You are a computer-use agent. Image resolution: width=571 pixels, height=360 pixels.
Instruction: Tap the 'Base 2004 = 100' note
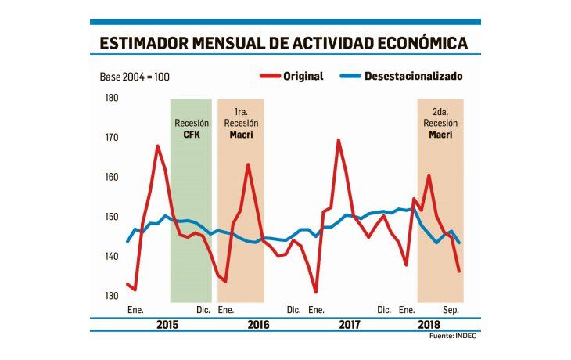click(134, 77)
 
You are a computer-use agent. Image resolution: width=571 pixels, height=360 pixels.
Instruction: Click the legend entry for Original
click(290, 77)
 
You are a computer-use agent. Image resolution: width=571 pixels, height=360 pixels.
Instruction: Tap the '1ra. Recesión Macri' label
click(241, 123)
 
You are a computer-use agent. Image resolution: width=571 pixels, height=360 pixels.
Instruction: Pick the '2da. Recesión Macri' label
click(440, 123)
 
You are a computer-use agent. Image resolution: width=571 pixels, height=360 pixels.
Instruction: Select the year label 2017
click(350, 323)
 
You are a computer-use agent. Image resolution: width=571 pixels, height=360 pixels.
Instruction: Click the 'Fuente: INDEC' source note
click(454, 336)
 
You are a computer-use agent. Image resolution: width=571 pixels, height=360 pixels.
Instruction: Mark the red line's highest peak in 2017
click(338, 140)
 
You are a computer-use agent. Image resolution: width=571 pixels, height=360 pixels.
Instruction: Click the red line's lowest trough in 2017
click(315, 292)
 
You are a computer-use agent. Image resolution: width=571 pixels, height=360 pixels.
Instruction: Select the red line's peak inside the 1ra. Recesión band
click(248, 164)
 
